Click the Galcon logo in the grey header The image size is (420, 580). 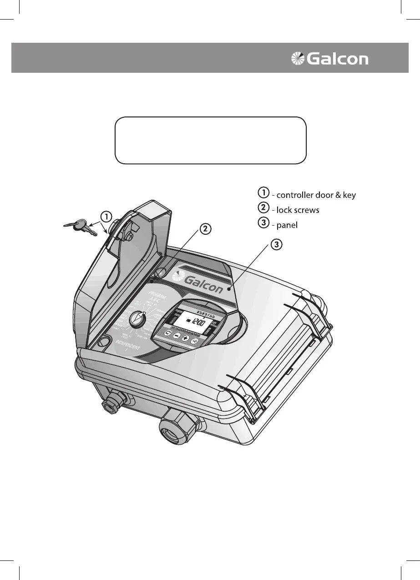(330, 58)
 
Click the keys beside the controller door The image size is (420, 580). (81, 226)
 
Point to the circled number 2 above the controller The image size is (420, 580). (206, 229)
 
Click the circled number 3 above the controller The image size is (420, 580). (277, 245)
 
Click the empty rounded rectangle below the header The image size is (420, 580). (210, 140)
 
